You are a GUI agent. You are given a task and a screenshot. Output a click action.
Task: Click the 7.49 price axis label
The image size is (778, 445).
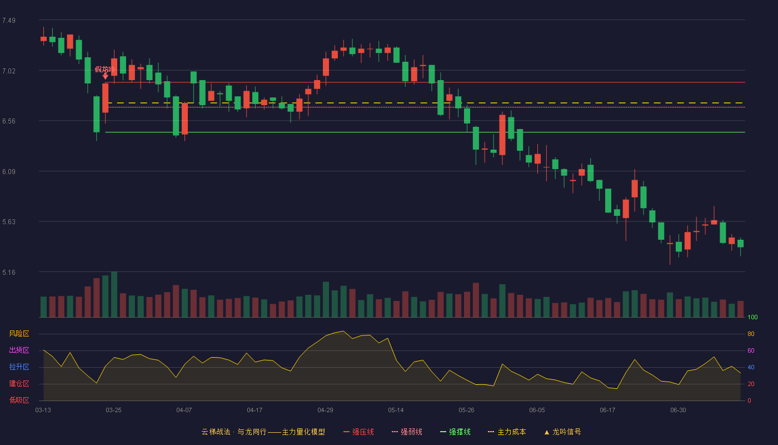pos(9,21)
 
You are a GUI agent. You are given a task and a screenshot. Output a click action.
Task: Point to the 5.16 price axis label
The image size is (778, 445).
pos(9,272)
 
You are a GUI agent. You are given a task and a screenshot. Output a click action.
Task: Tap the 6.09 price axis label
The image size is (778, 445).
pos(9,172)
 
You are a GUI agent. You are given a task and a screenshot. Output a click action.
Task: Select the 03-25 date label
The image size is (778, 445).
pos(113,411)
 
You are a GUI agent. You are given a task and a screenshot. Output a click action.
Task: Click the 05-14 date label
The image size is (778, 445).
pos(396,411)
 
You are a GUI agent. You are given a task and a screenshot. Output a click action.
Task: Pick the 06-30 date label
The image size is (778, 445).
pos(678,411)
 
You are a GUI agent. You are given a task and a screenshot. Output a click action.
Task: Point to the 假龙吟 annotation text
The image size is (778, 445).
pos(104,69)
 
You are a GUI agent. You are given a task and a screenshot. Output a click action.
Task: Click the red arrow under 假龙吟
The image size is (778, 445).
pos(105,77)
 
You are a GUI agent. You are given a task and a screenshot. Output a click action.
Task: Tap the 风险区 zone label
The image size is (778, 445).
pos(19,334)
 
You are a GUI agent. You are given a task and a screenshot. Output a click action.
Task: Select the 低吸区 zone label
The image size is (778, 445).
pos(19,400)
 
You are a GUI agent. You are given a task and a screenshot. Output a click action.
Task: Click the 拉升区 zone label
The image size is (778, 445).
pos(19,367)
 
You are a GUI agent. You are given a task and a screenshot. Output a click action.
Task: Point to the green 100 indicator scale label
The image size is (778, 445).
pos(752,317)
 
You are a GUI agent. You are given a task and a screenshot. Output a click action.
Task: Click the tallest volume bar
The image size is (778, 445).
pos(114,294)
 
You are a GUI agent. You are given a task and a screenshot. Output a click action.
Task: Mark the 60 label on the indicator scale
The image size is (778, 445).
pos(751,350)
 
